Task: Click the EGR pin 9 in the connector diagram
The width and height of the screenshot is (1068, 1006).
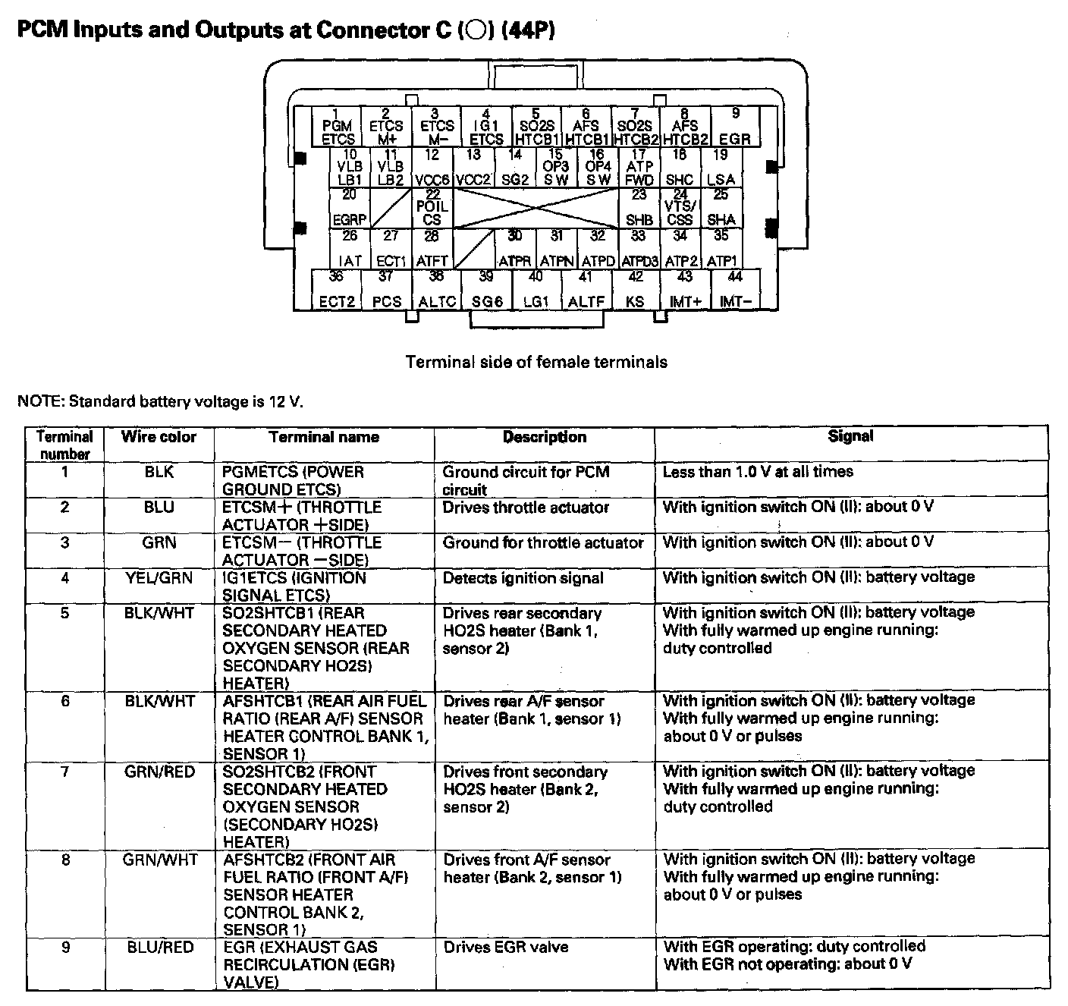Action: [x=735, y=127]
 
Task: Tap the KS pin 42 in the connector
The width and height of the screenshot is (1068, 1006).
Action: [x=636, y=289]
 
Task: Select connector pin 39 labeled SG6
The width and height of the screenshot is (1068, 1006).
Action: [x=487, y=289]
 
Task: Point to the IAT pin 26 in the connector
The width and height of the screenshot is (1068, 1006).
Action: [x=350, y=249]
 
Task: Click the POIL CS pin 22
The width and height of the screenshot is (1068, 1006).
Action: [x=432, y=207]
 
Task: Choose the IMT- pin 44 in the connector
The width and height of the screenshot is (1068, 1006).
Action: [x=734, y=289]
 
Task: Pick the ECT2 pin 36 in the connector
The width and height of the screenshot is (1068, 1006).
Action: [x=337, y=289]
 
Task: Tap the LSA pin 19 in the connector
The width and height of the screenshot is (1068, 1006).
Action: [x=721, y=168]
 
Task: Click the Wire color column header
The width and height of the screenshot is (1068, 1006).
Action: [x=159, y=437]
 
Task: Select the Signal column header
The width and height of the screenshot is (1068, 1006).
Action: [x=850, y=436]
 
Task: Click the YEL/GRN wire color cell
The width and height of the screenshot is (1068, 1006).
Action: [x=159, y=578]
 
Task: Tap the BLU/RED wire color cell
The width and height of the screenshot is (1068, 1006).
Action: [x=160, y=948]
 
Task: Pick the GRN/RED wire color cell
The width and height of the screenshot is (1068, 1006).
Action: [x=159, y=772]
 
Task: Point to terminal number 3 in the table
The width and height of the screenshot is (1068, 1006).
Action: [x=64, y=542]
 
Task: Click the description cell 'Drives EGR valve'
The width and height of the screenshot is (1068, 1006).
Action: [x=506, y=948]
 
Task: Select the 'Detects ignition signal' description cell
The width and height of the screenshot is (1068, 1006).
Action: [x=523, y=578]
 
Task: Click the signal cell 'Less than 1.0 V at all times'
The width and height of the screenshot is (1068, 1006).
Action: [x=758, y=472]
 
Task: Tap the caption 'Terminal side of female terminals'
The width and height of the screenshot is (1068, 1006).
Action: [x=536, y=362]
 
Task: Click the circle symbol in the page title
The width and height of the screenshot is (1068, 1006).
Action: [x=476, y=31]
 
